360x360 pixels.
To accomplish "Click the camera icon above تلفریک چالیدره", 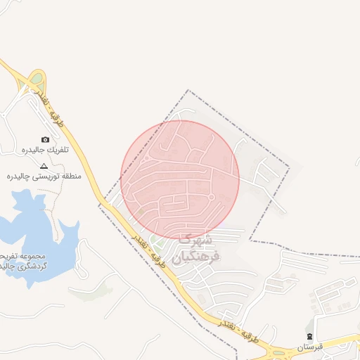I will pos(46,140).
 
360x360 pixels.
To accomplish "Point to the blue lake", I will pos(32,232).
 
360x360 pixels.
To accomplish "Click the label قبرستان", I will pos(309,347).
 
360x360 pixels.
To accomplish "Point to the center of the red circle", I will pos(180,179).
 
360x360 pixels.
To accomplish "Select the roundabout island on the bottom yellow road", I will pos(281,354).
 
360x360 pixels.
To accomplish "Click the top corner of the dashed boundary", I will pos(188,91).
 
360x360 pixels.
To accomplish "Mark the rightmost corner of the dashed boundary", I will pos(289,167).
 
